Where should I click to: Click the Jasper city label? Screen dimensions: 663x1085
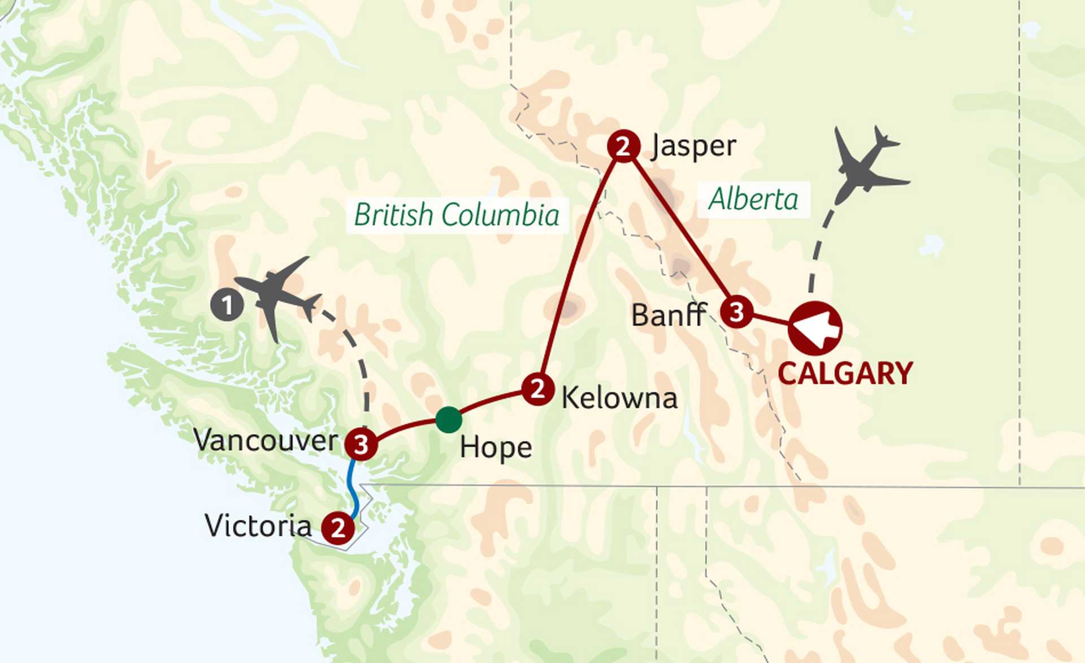pyautogui.click(x=694, y=146)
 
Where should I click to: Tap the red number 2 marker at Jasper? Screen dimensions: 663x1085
pyautogui.click(x=623, y=146)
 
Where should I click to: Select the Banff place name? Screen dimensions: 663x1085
pyautogui.click(x=669, y=315)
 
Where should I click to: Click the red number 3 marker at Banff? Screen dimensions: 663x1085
pyautogui.click(x=736, y=311)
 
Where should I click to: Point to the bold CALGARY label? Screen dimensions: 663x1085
pyautogui.click(x=845, y=374)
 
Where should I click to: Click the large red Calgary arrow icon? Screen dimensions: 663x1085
pyautogui.click(x=815, y=328)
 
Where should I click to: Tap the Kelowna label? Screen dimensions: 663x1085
pyautogui.click(x=619, y=398)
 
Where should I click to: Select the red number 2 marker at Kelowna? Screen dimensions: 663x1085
pyautogui.click(x=537, y=389)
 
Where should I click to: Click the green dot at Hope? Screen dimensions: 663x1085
pyautogui.click(x=449, y=420)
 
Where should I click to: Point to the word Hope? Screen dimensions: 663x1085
pyautogui.click(x=496, y=448)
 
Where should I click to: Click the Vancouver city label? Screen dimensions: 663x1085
pyautogui.click(x=266, y=440)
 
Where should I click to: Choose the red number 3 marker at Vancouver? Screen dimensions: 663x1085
pyautogui.click(x=361, y=444)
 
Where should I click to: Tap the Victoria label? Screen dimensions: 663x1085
pyautogui.click(x=258, y=526)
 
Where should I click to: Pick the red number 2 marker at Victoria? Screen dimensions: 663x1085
pyautogui.click(x=338, y=528)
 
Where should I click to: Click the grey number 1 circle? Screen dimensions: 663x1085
pyautogui.click(x=227, y=305)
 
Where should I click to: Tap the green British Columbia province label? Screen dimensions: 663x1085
pyautogui.click(x=457, y=215)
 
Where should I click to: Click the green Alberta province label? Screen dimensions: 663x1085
pyautogui.click(x=753, y=199)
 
